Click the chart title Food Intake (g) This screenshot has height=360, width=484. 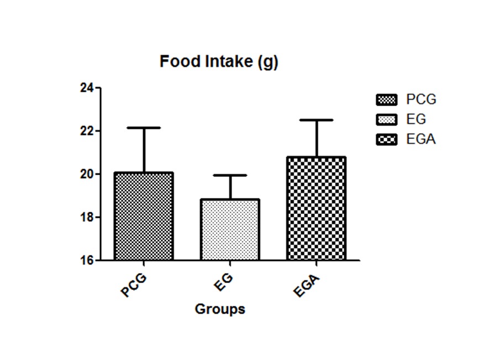(219, 62)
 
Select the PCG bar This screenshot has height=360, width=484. (144, 216)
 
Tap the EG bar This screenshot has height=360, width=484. (230, 229)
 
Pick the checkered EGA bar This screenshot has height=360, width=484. (317, 208)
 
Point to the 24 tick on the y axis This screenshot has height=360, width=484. (87, 88)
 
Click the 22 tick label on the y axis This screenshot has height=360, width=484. (87, 131)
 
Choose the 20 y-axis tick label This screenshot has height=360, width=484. (87, 174)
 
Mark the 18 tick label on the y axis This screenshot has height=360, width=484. (87, 217)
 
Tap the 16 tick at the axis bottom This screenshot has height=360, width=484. (87, 260)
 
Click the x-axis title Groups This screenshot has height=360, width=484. (220, 309)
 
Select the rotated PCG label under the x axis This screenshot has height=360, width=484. (134, 283)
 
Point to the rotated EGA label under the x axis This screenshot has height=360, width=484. (307, 284)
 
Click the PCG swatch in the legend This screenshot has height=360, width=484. (386, 100)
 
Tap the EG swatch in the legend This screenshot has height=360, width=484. (386, 119)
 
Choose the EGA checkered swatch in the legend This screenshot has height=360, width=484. (386, 139)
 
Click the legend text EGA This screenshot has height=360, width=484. (421, 139)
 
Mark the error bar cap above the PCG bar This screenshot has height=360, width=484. (144, 128)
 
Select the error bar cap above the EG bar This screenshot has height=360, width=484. (230, 175)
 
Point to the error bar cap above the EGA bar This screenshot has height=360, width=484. (317, 120)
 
